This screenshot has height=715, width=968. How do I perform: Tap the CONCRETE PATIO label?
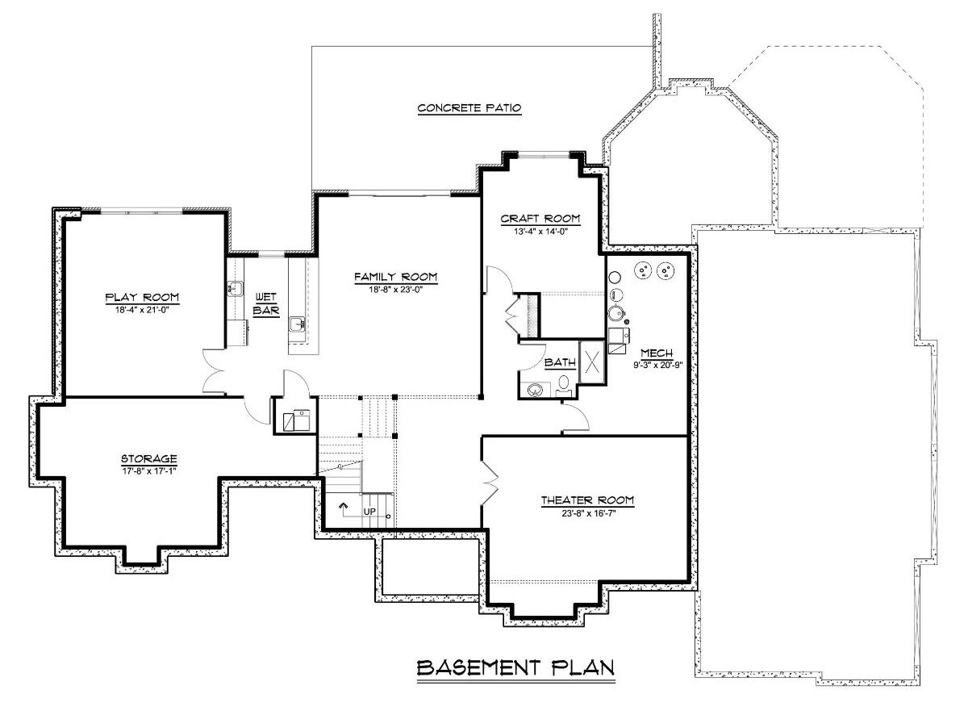469,108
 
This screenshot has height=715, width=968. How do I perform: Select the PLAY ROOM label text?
142,296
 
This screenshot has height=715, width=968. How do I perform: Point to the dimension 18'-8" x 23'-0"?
395,289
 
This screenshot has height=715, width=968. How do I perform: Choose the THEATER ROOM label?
587,501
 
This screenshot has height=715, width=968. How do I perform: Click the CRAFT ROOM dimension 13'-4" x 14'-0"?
540,230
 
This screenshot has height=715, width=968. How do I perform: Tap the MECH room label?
651,353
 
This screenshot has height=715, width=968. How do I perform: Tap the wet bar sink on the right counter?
296,324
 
